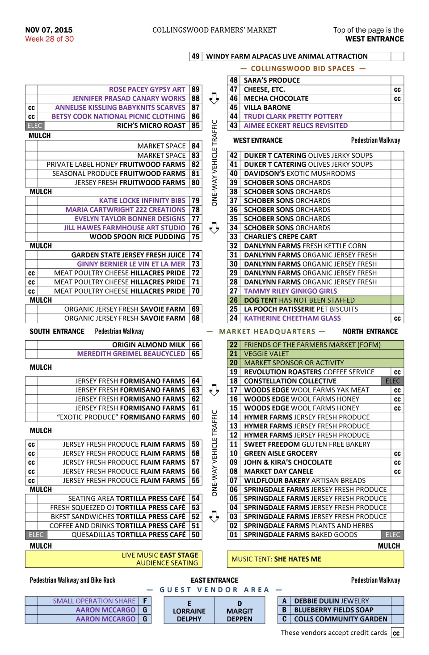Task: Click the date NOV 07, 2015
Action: point(49,30)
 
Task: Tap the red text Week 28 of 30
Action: point(49,39)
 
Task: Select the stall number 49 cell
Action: point(195,56)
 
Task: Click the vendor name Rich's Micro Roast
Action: point(151,126)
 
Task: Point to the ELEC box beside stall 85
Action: point(34,126)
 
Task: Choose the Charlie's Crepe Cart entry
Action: point(280,237)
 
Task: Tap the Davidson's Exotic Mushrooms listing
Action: point(299,173)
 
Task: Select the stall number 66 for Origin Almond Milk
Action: point(195,345)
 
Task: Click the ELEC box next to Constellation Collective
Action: point(393,381)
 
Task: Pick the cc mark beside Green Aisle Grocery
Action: point(397,453)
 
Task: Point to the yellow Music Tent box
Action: point(315,559)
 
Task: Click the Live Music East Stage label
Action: point(160,555)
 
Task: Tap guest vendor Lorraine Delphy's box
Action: point(189,611)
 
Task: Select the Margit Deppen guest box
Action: point(240,611)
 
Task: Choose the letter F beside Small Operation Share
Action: point(145,601)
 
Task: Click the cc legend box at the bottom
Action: point(397,633)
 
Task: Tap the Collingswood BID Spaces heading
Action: point(303,68)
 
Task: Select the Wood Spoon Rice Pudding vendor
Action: point(137,237)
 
